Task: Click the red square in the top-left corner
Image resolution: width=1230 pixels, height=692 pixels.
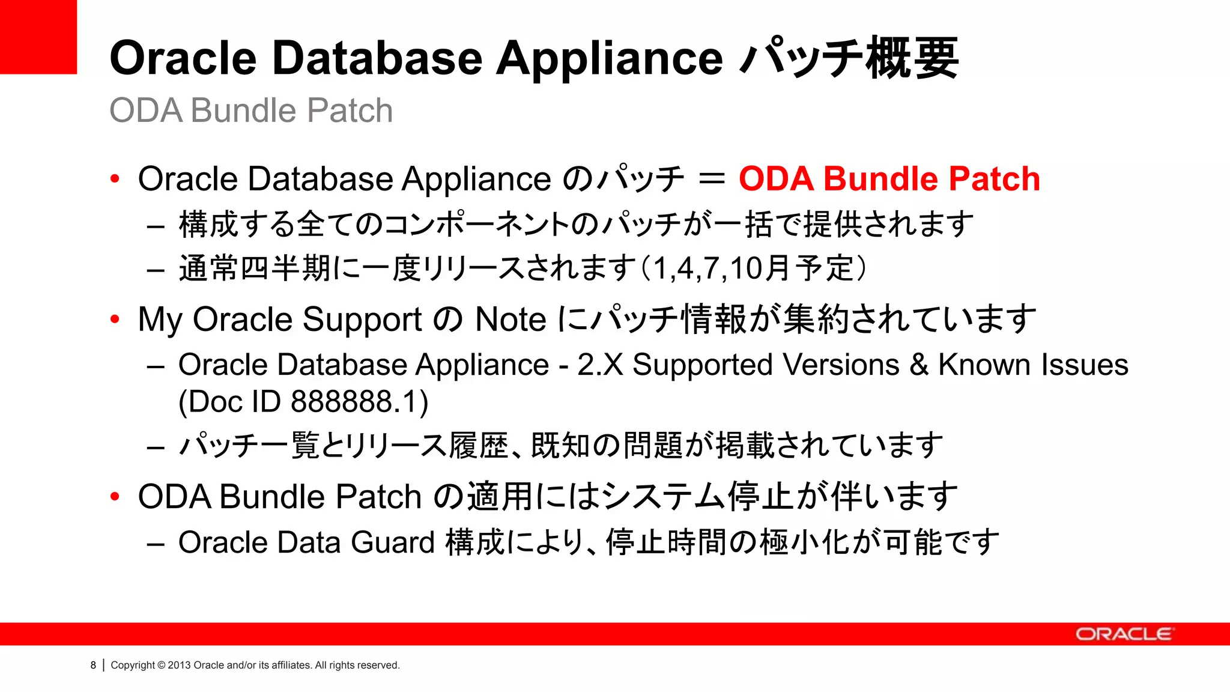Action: [x=38, y=36]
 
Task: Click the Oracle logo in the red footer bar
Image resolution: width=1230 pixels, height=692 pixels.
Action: [x=1123, y=634]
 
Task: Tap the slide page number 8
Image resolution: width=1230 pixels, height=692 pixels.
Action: [x=93, y=665]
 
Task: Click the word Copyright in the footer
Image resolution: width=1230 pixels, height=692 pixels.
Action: [x=133, y=665]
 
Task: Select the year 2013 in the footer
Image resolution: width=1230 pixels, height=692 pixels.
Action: [x=179, y=665]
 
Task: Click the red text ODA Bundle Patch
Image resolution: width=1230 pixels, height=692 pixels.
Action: [x=889, y=179]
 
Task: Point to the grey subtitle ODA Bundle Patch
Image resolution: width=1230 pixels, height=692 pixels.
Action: [x=251, y=111]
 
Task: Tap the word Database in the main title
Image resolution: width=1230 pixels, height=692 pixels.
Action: [x=377, y=58]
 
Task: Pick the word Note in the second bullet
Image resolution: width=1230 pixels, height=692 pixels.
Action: [x=510, y=319]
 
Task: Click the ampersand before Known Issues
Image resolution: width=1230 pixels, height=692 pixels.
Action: [x=919, y=365]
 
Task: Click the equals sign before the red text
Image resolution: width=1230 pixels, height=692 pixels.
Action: [x=712, y=179]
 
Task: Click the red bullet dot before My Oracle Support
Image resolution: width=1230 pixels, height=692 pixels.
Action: [x=115, y=319]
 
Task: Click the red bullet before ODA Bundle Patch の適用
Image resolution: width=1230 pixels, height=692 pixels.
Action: [x=115, y=497]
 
